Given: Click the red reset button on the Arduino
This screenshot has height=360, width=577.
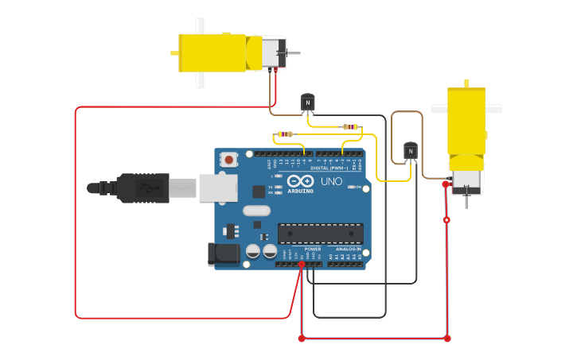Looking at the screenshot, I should [x=229, y=160].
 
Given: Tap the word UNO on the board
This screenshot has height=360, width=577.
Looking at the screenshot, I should [x=331, y=181].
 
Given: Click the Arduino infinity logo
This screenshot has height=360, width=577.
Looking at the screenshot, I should [x=301, y=181].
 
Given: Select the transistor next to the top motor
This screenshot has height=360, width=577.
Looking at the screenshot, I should [x=308, y=103].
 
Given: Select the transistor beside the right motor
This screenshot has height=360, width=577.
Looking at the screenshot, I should [x=411, y=150].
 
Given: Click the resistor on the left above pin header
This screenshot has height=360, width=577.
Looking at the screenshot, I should [x=285, y=134].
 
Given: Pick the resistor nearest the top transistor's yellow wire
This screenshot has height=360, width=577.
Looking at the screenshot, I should [x=349, y=126].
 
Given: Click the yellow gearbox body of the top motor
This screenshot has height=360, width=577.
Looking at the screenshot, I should [x=211, y=52].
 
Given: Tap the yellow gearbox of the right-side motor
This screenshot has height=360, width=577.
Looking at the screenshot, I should [x=466, y=120].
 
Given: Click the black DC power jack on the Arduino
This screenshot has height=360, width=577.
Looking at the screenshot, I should [x=224, y=254].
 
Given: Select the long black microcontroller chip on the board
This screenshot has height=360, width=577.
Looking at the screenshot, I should [x=320, y=233].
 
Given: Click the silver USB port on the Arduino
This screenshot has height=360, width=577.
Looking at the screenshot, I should [x=217, y=188].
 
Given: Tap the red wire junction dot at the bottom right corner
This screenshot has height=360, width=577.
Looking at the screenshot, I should [x=447, y=339].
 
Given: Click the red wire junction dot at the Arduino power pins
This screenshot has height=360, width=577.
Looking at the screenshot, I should [x=302, y=265].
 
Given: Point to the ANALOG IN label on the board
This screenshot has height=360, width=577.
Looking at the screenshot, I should [x=347, y=249].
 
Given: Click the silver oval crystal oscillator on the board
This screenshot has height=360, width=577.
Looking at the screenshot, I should [x=257, y=211].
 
